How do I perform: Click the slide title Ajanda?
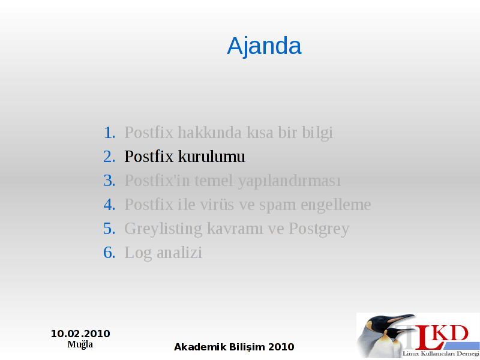click(x=264, y=46)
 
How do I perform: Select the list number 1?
click(x=109, y=133)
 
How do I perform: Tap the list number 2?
click(x=109, y=157)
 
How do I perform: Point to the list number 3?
click(x=109, y=181)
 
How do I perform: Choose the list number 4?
click(x=109, y=205)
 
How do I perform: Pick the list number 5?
click(x=109, y=229)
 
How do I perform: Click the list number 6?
click(x=109, y=253)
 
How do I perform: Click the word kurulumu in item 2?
click(x=212, y=157)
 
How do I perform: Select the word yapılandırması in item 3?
click(x=289, y=181)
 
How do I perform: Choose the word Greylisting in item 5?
click(x=163, y=230)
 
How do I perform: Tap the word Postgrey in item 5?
click(x=319, y=230)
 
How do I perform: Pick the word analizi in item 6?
click(x=179, y=253)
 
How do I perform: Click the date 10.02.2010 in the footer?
click(x=80, y=334)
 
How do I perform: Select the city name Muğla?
click(x=80, y=344)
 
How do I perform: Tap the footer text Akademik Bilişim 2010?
click(x=234, y=347)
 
